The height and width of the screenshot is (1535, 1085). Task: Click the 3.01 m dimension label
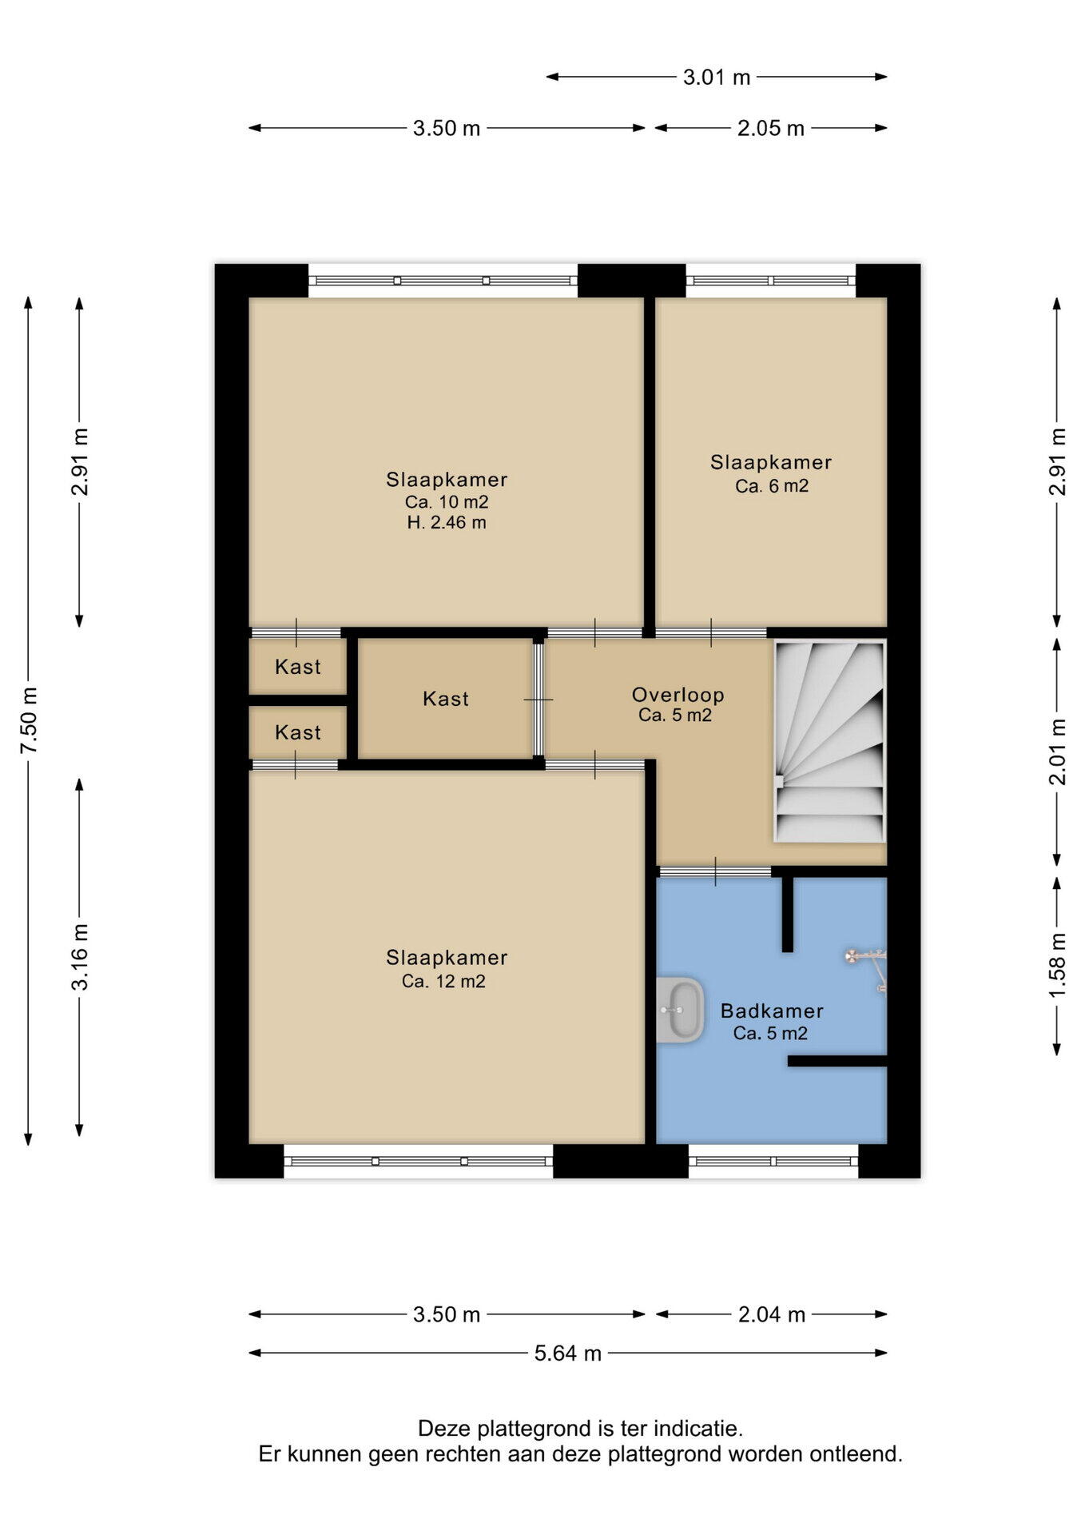tap(717, 78)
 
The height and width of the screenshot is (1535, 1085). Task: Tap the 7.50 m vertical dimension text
tap(29, 720)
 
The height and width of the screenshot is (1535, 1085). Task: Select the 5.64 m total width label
tap(567, 1354)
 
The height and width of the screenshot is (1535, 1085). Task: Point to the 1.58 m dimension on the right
tap(1057, 965)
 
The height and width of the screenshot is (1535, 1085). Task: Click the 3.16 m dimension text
tap(80, 956)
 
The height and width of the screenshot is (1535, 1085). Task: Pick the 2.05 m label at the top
tap(770, 129)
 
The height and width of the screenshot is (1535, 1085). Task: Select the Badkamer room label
tap(772, 1011)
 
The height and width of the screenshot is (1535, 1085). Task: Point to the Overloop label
tap(678, 695)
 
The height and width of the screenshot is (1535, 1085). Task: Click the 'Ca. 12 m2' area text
tap(443, 982)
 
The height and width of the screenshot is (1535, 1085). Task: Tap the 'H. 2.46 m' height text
tap(446, 523)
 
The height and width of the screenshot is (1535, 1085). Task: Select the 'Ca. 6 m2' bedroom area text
tap(772, 486)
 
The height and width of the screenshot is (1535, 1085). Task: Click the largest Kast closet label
tap(446, 700)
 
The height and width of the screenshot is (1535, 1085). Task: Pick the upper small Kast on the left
tap(298, 667)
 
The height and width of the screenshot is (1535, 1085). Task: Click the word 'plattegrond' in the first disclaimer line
tap(535, 1429)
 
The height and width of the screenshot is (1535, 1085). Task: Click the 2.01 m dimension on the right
tap(1057, 752)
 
